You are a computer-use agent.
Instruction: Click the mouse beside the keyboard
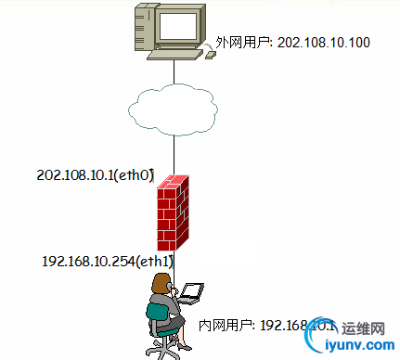[211, 55]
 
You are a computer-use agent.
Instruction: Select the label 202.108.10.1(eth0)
[95, 174]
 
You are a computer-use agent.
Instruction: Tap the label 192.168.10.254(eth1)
[107, 263]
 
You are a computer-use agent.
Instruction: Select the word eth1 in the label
[153, 263]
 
